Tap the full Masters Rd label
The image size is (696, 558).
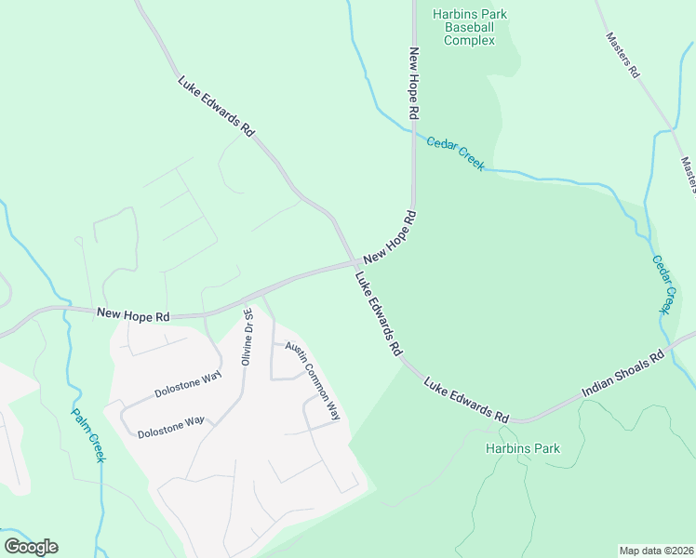pos(622,55)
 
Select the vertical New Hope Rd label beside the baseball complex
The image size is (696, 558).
pos(414,83)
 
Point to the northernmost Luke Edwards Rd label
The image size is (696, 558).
pos(216,107)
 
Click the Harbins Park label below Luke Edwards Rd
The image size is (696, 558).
pos(523,448)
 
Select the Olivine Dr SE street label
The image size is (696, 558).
pos(248,338)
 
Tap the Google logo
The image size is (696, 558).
pos(31,547)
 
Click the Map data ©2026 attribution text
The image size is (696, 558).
pos(656,551)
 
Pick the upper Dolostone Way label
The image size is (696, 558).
pos(187,385)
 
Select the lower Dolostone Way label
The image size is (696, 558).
pos(170,427)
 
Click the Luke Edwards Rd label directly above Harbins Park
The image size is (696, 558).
pos(468,400)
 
